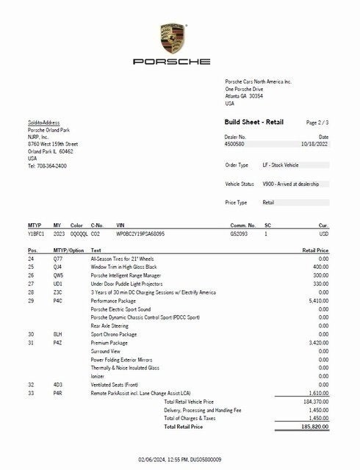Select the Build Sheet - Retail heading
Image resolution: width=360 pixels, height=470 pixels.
coord(253,122)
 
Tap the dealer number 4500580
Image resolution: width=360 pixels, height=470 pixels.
coord(235,145)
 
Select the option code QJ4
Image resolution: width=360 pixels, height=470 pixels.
coord(57,267)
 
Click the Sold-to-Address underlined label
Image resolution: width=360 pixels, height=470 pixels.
coord(44,123)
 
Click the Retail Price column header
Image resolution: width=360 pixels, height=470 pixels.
coord(315,250)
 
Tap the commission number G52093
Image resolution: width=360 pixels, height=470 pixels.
coord(240,233)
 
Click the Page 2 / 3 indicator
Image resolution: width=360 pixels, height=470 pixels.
coord(317,122)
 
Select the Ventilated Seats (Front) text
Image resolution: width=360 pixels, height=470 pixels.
coord(118,384)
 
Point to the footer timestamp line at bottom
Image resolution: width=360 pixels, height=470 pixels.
coord(179,459)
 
